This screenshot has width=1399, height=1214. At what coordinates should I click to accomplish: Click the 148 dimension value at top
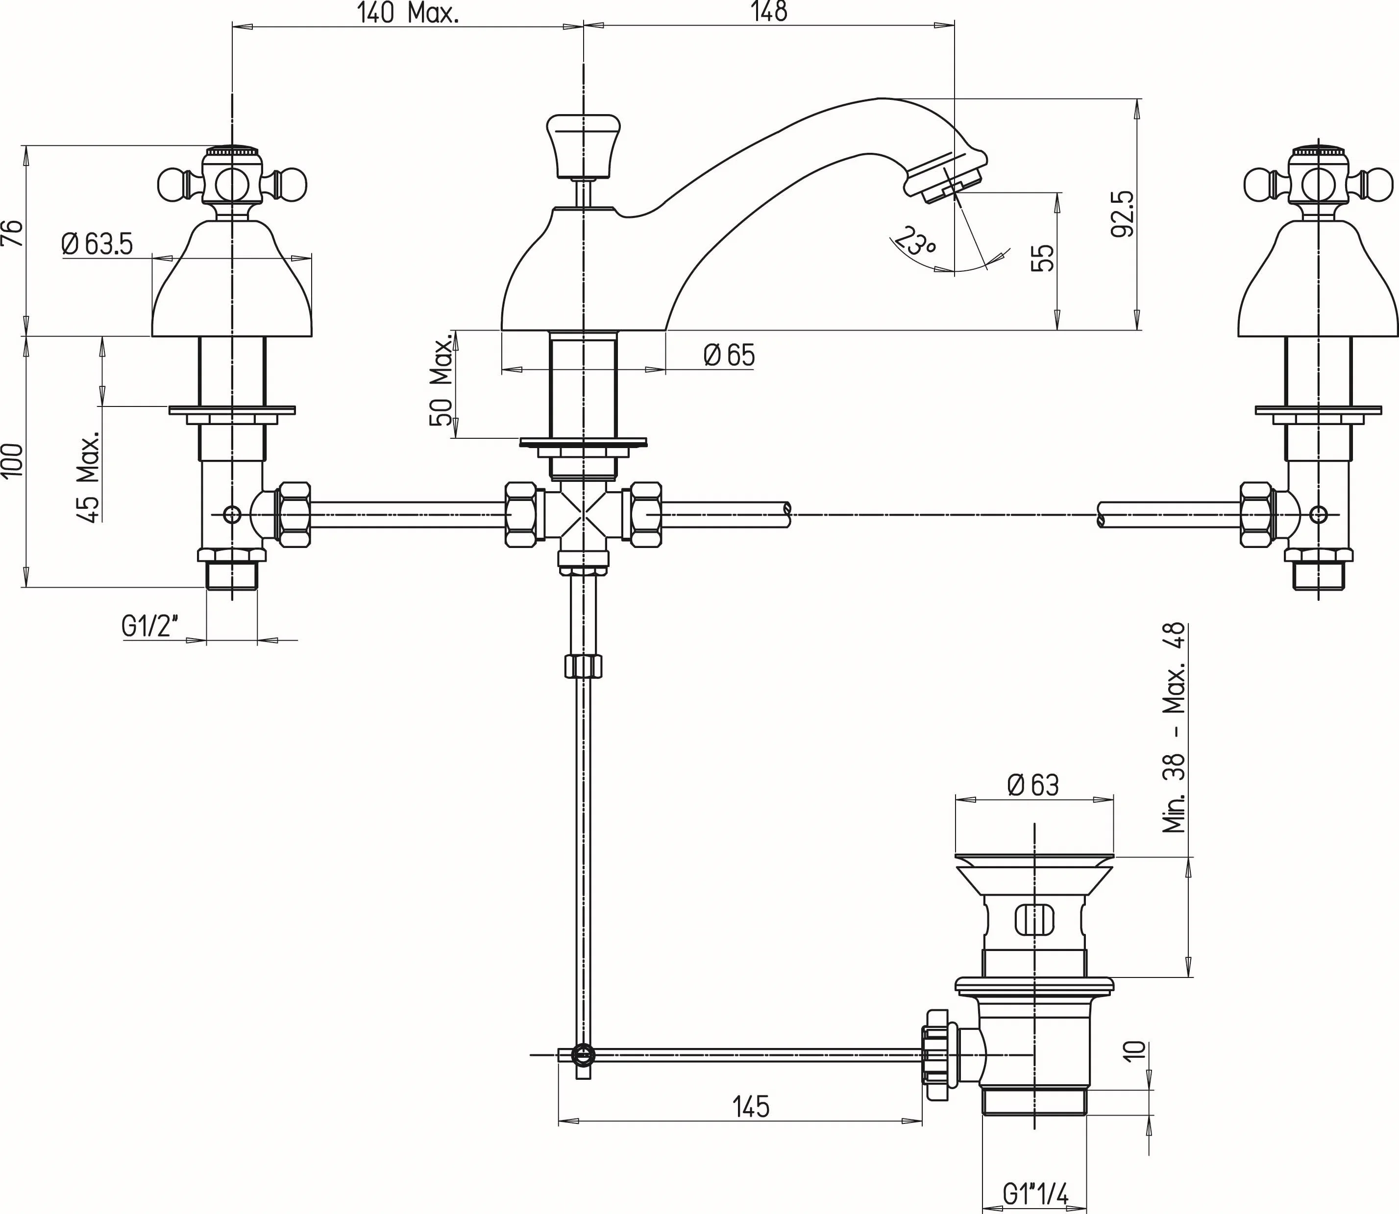769,12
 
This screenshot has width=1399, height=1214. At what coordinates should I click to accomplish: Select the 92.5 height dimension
1122,214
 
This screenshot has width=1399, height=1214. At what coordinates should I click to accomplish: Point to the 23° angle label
914,241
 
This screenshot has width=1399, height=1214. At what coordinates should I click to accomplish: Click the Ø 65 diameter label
729,355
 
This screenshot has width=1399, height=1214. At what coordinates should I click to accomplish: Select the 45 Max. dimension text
89,477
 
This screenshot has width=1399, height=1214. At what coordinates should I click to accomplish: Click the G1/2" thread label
150,627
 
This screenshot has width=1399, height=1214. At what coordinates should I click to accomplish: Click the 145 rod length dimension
751,1106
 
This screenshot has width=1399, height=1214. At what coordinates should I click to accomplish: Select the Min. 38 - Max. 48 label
1174,728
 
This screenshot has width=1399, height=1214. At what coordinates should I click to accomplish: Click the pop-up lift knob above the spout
584,143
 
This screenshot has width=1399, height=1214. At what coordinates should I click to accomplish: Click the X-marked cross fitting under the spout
584,515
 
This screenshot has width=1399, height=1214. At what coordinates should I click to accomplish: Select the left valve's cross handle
232,182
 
